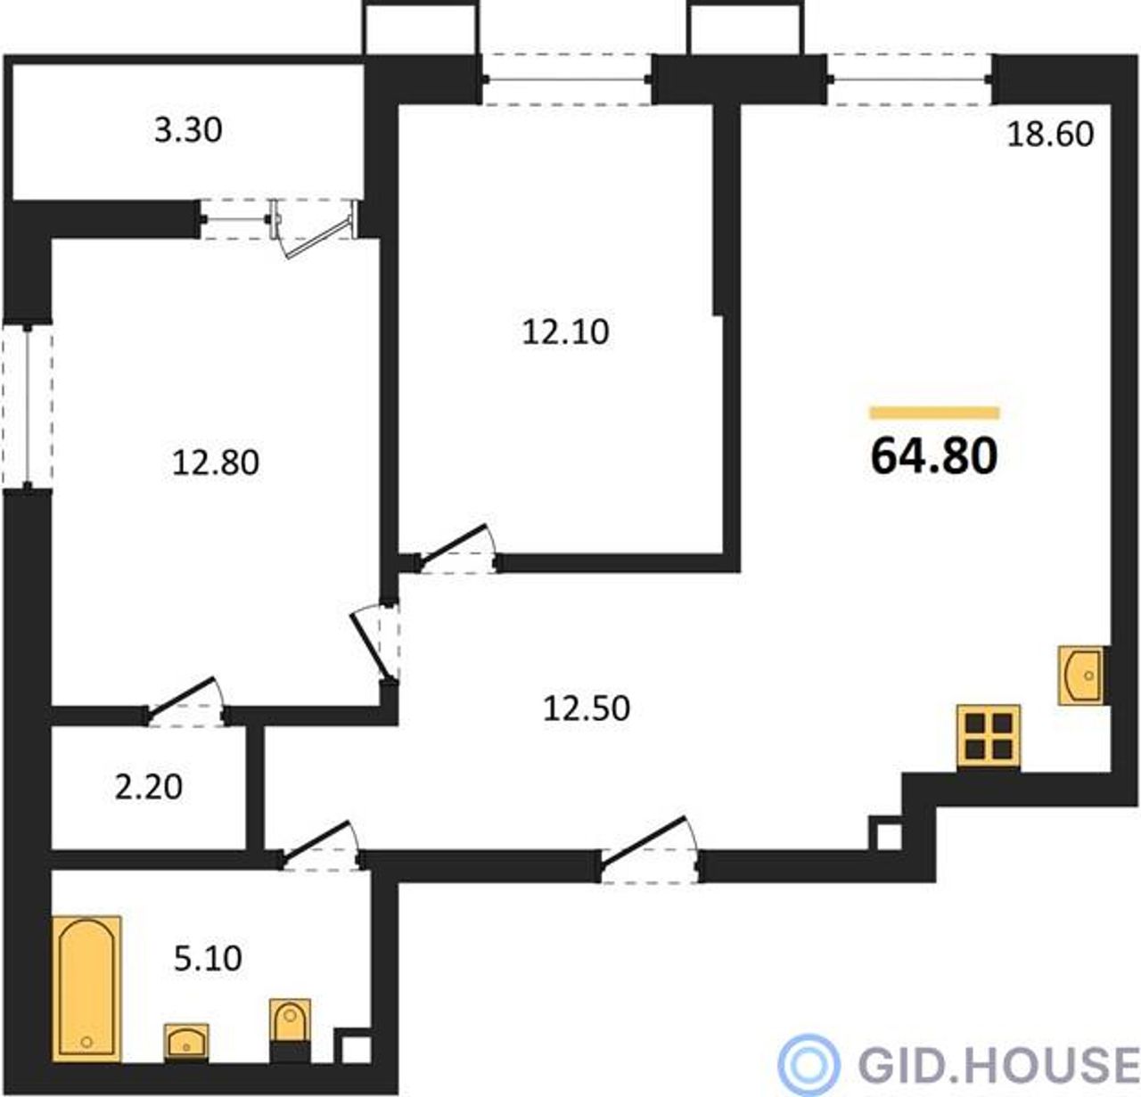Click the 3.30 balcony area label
pyautogui.click(x=188, y=130)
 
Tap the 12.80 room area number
pyautogui.click(x=215, y=462)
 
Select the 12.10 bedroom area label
pyautogui.click(x=565, y=332)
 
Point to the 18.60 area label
pyautogui.click(x=1050, y=134)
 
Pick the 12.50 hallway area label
pyautogui.click(x=587, y=708)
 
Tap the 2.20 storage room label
pyautogui.click(x=148, y=787)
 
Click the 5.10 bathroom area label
pyautogui.click(x=208, y=959)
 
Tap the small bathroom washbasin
pyautogui.click(x=186, y=1043)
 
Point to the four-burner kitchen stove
pyautogui.click(x=989, y=736)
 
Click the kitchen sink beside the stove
pyautogui.click(x=1080, y=675)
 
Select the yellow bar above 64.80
pyautogui.click(x=934, y=413)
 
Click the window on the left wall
pyautogui.click(x=28, y=405)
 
